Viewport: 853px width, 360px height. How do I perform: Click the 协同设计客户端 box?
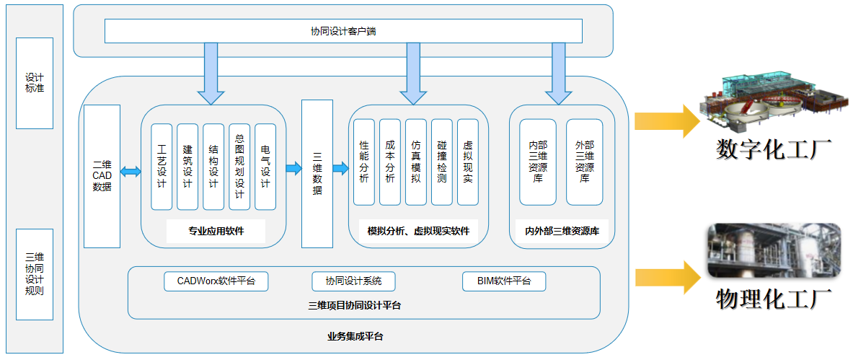pos(343,31)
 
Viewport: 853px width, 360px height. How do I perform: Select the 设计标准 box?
pos(35,83)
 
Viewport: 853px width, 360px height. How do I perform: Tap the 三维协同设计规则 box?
pos(35,274)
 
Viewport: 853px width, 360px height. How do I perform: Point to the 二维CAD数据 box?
pos(102,176)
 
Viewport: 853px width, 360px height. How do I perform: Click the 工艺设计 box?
pos(162,167)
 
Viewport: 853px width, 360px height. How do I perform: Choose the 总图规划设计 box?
pos(239,167)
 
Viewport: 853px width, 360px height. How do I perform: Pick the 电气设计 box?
pos(265,167)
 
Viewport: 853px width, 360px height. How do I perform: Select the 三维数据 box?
pos(317,173)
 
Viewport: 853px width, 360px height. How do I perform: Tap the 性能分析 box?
pos(364,162)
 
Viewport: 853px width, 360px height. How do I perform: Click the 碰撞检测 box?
pos(442,162)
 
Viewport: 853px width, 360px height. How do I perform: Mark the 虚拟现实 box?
pos(468,162)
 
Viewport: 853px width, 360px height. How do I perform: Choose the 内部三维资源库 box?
pos(538,162)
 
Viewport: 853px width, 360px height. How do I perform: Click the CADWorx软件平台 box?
pos(216,281)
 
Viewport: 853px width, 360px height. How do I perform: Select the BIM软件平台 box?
pos(504,281)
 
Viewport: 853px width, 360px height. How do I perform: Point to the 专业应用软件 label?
pos(216,232)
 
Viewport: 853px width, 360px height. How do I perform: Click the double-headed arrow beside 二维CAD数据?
pos(131,171)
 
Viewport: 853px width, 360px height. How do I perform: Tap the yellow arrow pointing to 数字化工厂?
pos(666,120)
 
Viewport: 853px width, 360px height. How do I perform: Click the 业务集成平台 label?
pos(355,336)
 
